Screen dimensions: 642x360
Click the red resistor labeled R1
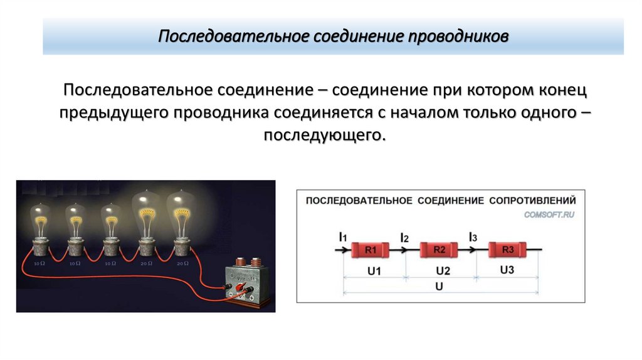point(370,250)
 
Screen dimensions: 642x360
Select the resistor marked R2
point(439,250)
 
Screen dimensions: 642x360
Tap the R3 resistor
point(508,250)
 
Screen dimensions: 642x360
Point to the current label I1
point(342,237)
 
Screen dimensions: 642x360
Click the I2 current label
point(404,238)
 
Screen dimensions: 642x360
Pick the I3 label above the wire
point(473,237)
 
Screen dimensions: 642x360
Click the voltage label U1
point(375,271)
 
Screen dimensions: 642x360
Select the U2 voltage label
point(443,271)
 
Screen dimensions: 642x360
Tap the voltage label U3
point(507,270)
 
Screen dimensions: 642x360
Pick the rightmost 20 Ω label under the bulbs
point(182,264)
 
